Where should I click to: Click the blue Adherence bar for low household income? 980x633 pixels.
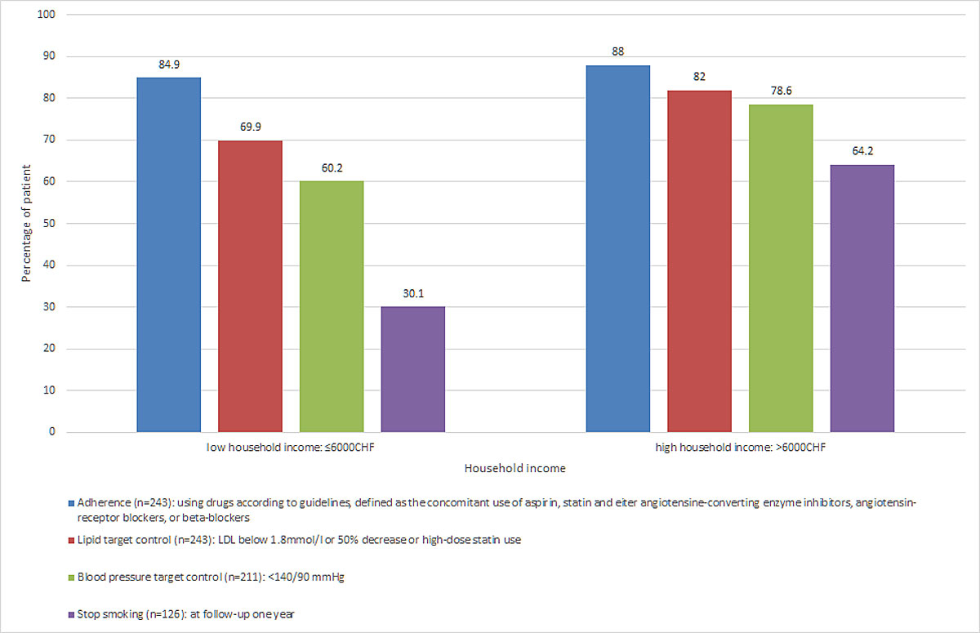point(169,254)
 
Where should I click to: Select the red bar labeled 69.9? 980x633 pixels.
point(250,286)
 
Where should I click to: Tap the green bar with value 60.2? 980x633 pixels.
point(332,306)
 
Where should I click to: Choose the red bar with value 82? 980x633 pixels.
point(699,261)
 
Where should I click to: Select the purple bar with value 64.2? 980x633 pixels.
point(862,298)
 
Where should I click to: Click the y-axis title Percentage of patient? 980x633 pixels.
point(26,223)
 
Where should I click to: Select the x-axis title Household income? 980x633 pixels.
point(514,469)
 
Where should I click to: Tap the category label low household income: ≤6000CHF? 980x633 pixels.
point(291,448)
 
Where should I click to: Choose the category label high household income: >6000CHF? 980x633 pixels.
point(740,448)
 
